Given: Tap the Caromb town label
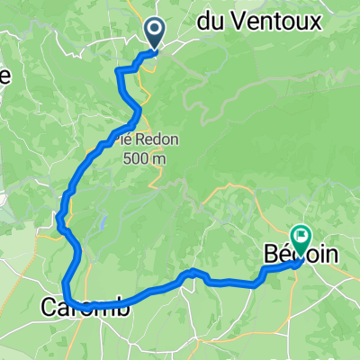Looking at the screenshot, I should click(x=85, y=307).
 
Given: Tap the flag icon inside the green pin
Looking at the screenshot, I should click(x=299, y=238).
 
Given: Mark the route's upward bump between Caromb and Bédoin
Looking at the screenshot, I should click(x=191, y=272).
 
